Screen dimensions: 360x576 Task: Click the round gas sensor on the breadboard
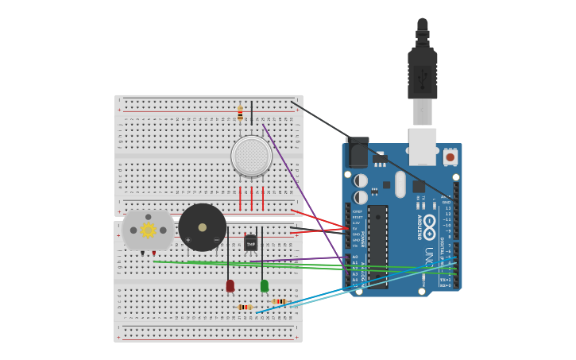(251, 156)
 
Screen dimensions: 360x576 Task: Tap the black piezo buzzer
(202, 227)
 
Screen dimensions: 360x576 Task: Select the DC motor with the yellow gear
(148, 230)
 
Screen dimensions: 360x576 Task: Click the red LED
(230, 285)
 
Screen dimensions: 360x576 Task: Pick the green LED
(264, 285)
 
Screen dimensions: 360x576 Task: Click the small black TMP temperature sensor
(251, 243)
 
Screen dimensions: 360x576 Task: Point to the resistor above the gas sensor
(240, 114)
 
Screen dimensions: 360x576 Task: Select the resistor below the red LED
(245, 307)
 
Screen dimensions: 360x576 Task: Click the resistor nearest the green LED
(278, 301)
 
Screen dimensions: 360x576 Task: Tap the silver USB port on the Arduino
(423, 145)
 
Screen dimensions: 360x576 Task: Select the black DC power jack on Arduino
(358, 153)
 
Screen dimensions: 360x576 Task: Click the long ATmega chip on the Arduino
(377, 246)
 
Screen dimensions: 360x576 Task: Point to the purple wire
(302, 191)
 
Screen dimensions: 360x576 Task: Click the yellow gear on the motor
(148, 230)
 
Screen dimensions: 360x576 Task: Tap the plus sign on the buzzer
(188, 240)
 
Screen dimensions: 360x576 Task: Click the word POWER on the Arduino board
(364, 238)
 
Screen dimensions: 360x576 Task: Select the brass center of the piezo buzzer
(202, 227)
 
